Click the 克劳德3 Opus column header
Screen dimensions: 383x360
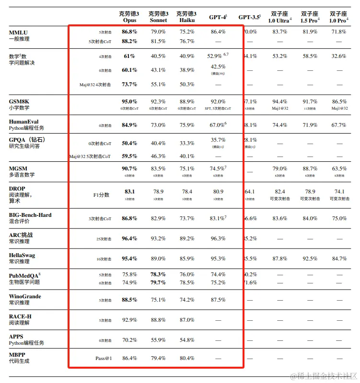tap(129, 17)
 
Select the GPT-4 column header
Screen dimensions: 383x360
tap(218, 17)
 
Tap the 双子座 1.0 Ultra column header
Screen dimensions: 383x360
tap(280, 17)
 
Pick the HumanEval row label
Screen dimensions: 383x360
tap(24, 122)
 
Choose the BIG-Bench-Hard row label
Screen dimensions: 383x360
tap(30, 215)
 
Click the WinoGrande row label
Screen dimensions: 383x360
tap(25, 296)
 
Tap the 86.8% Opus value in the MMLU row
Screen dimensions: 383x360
tap(129, 32)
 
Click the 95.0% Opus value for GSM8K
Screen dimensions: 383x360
tap(129, 101)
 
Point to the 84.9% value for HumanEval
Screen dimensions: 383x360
tap(129, 125)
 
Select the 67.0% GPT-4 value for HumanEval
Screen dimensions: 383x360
tap(218, 125)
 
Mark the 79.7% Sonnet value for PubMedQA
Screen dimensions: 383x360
tap(158, 282)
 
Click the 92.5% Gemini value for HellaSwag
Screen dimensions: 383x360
tap(310, 259)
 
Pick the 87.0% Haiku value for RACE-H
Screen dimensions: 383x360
tap(186, 320)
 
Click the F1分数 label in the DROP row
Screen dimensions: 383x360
tap(101, 195)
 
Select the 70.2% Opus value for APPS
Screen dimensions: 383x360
tap(129, 340)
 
